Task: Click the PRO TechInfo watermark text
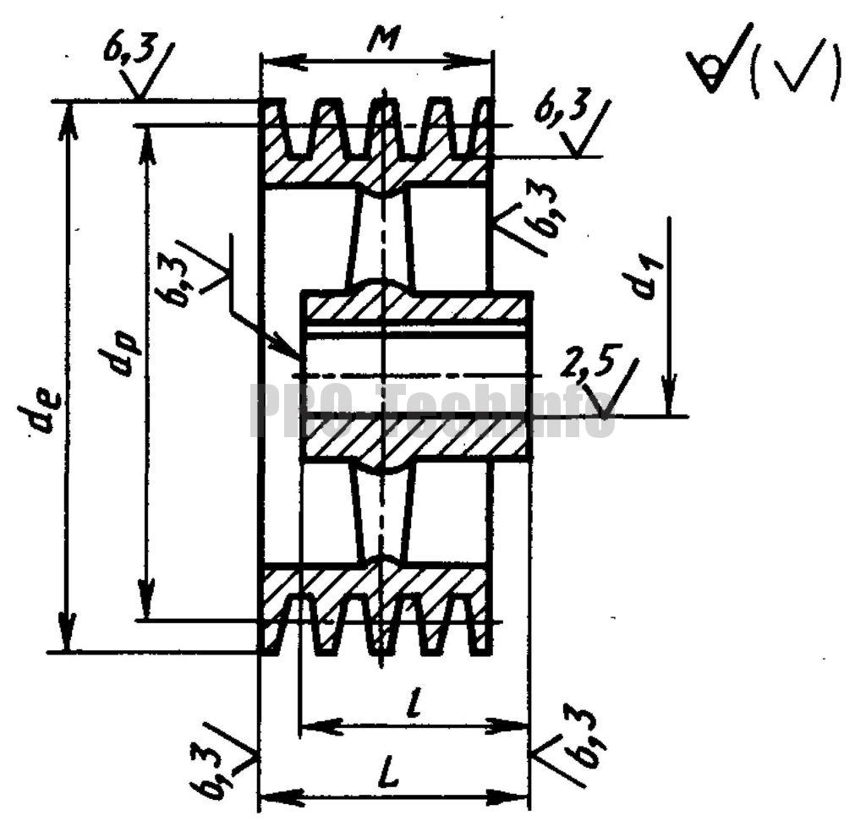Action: click(432, 411)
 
